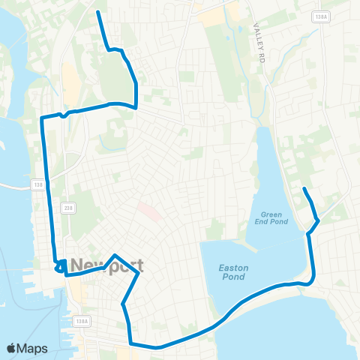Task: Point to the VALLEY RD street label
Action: point(259,31)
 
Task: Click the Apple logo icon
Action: point(11,348)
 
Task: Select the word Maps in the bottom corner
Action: point(32,348)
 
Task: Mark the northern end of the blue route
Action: point(98,13)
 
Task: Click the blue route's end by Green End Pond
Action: point(304,188)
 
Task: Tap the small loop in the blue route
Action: point(61,265)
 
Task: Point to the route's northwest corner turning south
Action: point(41,118)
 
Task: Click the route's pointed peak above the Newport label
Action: point(114,255)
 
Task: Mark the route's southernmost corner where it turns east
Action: point(131,344)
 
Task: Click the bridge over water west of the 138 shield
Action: point(15,184)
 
